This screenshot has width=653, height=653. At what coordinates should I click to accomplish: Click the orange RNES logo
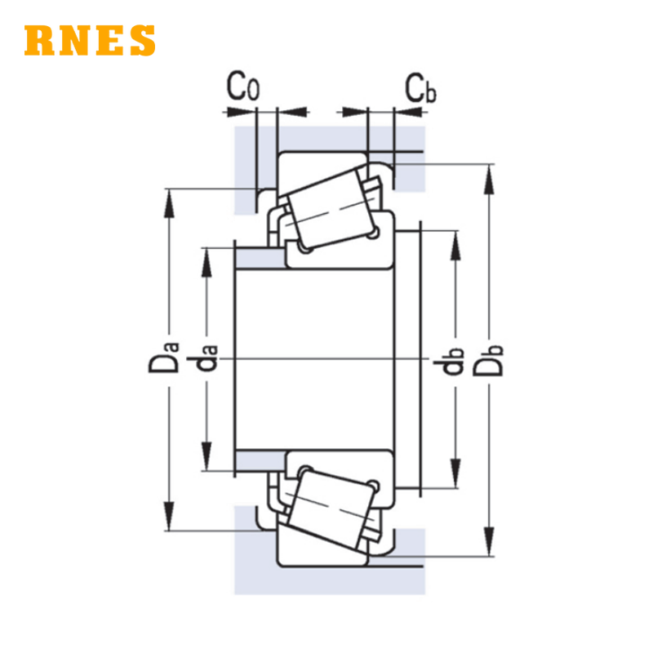coord(90,40)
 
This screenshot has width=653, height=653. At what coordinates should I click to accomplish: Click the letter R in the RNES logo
coord(39,40)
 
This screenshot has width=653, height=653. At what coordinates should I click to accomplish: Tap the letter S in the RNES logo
coord(143,40)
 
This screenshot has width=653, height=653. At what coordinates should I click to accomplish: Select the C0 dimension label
coord(243,87)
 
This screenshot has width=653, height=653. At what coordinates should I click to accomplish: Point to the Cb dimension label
coord(420,88)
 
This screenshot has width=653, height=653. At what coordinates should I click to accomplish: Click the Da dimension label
coord(164,357)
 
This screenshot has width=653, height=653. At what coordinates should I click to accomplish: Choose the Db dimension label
coord(488,361)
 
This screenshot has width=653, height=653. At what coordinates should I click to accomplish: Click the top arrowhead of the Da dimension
coord(169,203)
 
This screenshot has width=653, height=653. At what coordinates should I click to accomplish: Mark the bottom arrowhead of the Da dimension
coord(169,517)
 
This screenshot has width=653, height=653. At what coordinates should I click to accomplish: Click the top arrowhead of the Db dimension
coord(489,180)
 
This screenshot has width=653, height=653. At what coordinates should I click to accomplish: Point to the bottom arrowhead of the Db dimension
coord(489,541)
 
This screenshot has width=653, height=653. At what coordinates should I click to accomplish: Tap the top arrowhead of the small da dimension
coord(207,263)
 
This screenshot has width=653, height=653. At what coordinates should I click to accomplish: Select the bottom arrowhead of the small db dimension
coord(455,473)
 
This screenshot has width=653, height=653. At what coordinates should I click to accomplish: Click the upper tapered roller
coord(332,209)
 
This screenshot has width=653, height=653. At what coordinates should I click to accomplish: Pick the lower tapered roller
coord(332,508)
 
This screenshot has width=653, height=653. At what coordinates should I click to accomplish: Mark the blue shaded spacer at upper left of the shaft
coord(260,259)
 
